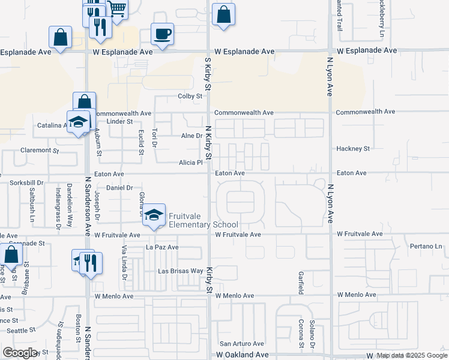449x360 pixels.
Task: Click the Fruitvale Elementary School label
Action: coord(203,220)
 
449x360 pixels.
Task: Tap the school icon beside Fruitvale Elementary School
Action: coord(154,215)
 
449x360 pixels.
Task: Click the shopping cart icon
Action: coord(118,9)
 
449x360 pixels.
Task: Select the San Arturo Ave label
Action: coord(241,344)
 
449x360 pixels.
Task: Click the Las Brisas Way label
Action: coord(180,271)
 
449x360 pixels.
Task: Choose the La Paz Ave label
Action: coord(162,247)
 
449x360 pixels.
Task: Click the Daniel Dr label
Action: coord(119,188)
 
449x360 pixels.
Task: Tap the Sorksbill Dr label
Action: coord(26,182)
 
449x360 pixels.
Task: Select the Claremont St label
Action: coord(40,150)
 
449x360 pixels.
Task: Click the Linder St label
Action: coord(119,122)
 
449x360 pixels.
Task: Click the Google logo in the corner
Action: coord(20,353)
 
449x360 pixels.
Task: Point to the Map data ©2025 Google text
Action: coord(412,356)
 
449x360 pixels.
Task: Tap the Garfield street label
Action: coord(301,283)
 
